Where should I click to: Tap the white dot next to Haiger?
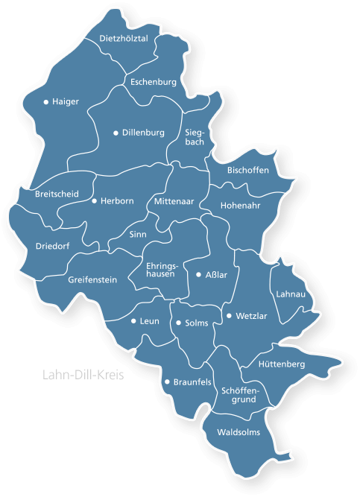click(46, 101)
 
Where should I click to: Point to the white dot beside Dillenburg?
click(116, 133)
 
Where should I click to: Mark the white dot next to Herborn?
click(94, 200)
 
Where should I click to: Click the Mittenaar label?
click(173, 202)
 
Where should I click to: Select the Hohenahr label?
click(240, 205)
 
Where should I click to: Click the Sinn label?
click(138, 234)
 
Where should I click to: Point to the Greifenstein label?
click(92, 280)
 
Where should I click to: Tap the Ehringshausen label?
click(160, 269)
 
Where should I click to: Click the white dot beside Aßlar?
click(198, 275)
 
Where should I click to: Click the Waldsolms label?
click(239, 431)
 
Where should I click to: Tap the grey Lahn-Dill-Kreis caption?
click(83, 375)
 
